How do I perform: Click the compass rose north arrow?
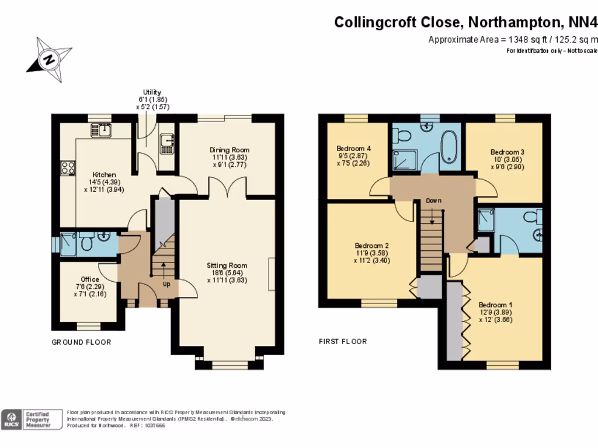coord(49,59)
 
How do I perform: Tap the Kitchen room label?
coord(105,174)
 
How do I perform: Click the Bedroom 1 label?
coord(495,304)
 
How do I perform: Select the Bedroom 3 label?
coord(507,152)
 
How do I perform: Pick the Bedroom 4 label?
coord(354,148)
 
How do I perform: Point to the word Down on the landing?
coord(433,201)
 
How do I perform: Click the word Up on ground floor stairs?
coord(166,284)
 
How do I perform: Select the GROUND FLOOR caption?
coord(81,342)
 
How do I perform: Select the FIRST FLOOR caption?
coord(343,341)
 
